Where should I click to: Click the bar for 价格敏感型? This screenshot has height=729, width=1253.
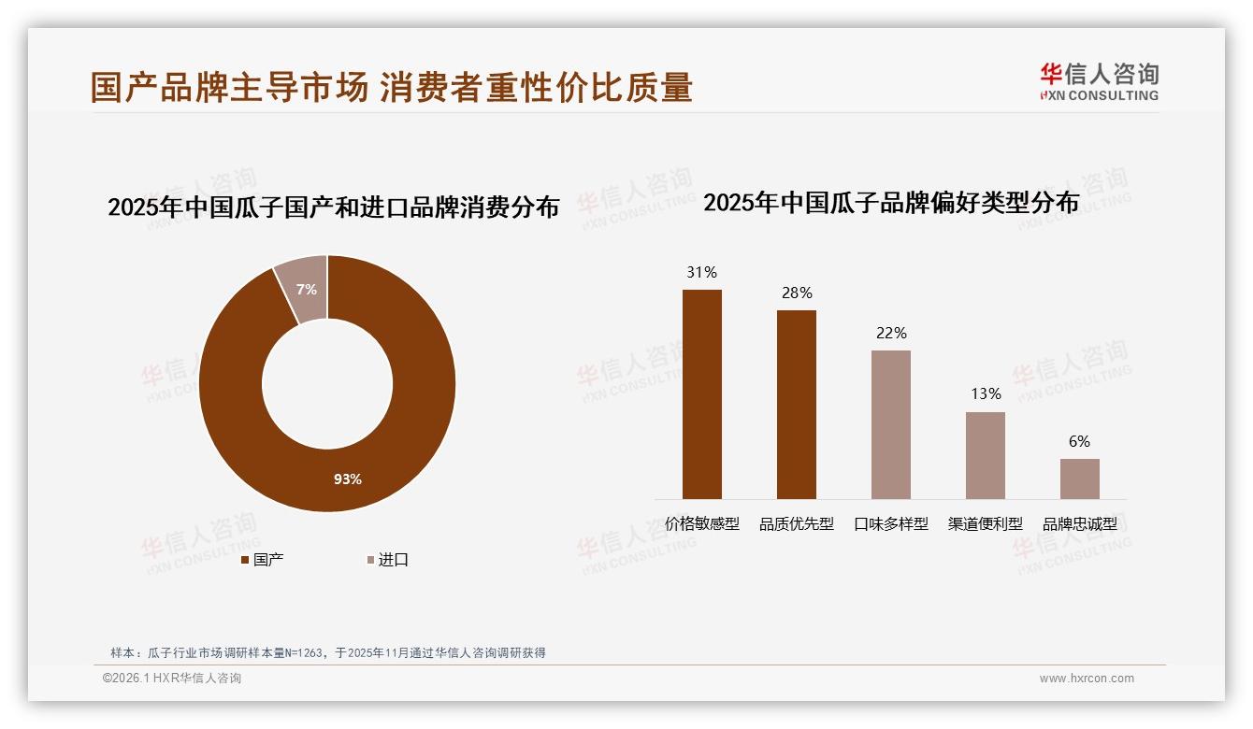(x=701, y=393)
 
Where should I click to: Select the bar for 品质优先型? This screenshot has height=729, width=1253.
(x=796, y=404)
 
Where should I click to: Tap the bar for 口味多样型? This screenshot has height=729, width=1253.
(x=890, y=424)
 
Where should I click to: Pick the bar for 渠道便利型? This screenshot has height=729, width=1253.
(x=985, y=455)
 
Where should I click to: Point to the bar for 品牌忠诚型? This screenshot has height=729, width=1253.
(x=1079, y=479)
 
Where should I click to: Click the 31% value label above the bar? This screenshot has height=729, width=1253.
(x=701, y=273)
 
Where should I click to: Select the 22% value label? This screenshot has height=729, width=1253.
(x=891, y=334)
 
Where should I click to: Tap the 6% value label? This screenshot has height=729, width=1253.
(x=1079, y=442)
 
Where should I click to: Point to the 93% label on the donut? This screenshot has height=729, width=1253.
(x=348, y=479)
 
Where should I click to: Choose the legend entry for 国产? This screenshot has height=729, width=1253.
(x=263, y=560)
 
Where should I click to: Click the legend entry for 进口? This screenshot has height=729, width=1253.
(x=387, y=560)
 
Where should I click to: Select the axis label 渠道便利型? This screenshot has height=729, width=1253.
(x=985, y=524)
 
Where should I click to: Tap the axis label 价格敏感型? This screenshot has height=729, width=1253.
(x=701, y=524)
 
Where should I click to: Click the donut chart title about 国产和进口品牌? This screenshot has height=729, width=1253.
(x=333, y=207)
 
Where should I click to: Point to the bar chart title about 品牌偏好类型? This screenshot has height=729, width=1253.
(x=890, y=202)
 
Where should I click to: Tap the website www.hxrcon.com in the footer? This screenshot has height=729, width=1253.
(x=1086, y=679)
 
